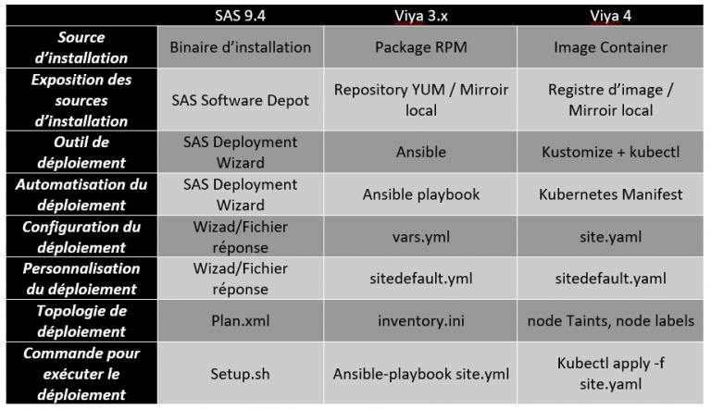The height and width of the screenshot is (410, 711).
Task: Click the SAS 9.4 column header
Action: tap(239, 16)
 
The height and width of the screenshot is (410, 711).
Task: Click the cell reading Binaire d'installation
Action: tap(239, 47)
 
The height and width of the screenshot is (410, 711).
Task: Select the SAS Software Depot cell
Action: tap(239, 100)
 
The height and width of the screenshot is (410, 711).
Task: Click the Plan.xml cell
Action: tap(239, 320)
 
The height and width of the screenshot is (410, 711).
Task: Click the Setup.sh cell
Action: tap(239, 373)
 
